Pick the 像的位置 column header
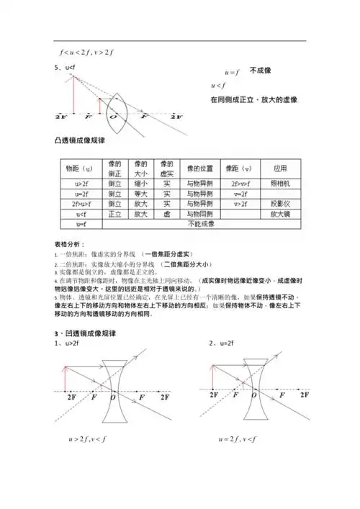point(199,168)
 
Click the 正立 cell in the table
point(114,215)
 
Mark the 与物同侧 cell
point(199,215)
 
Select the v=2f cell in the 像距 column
point(240,194)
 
